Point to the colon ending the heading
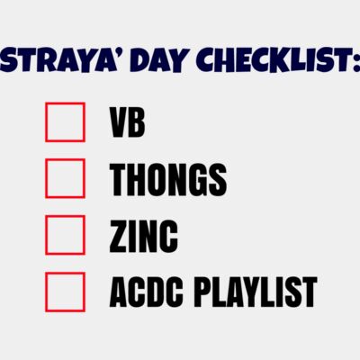(x=355, y=63)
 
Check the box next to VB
(x=65, y=122)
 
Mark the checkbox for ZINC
(x=65, y=235)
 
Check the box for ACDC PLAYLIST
(x=65, y=291)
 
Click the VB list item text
(x=127, y=123)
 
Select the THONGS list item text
(x=167, y=180)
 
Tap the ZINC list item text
(x=143, y=236)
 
